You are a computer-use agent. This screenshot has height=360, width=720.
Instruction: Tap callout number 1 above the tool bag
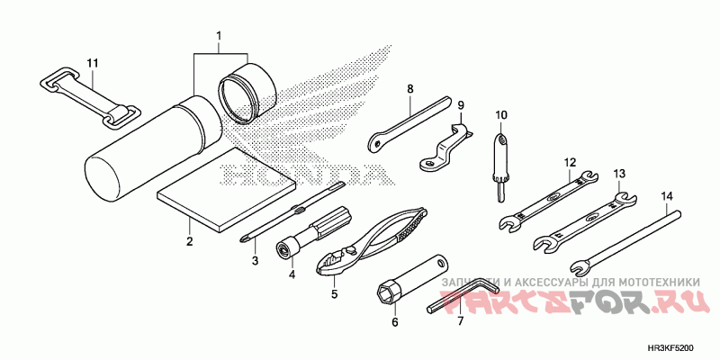[x=218, y=36]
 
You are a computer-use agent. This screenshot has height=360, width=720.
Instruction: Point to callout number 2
[x=190, y=242]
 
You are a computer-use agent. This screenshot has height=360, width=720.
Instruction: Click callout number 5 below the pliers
[x=333, y=293]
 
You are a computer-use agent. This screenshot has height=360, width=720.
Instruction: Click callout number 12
[x=570, y=163]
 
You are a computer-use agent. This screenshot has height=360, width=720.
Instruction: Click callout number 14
[x=667, y=195]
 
